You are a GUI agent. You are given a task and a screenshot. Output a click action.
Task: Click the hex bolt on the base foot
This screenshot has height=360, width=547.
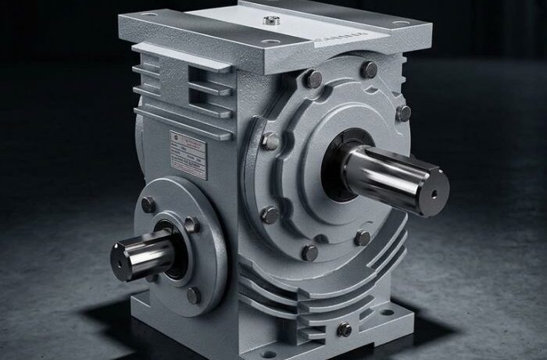pos(344,330)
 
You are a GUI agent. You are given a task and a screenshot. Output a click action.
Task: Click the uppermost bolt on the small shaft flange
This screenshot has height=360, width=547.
pos(148,205)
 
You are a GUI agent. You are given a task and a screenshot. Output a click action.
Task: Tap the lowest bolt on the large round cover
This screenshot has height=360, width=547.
pos(310,252)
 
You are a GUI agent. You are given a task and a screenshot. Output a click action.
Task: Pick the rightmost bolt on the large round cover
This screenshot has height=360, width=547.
pos(403,113)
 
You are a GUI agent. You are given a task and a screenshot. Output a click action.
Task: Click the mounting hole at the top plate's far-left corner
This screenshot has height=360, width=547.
pos(148,15)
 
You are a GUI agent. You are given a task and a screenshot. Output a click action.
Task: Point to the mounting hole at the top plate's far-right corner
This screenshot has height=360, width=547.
pos(401,23)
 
